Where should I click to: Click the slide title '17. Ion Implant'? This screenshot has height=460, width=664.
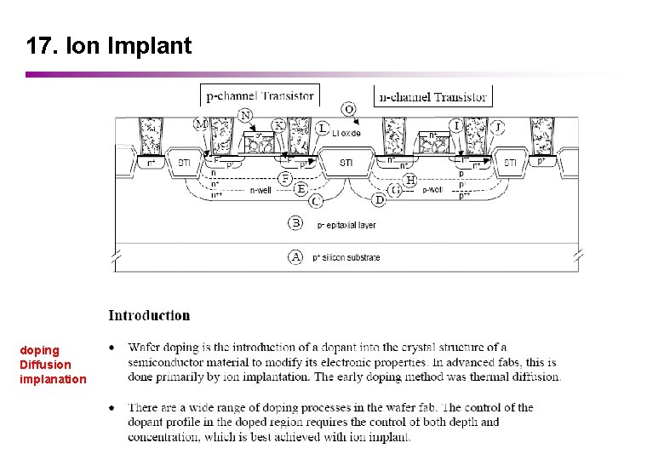109,46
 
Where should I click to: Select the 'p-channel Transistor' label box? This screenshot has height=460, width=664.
259,95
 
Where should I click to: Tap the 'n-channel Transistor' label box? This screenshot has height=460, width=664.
432,96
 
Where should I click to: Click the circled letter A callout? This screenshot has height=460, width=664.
295,256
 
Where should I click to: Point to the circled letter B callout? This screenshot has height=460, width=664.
295,223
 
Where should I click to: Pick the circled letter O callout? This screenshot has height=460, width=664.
349,109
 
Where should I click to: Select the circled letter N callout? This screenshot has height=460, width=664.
246,115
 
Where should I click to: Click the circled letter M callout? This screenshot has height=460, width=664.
201,124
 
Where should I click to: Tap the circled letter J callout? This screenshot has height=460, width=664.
499,127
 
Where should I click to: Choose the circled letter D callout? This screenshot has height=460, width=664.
379,199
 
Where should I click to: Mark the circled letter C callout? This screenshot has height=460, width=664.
316,200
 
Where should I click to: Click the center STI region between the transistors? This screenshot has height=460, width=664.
346,162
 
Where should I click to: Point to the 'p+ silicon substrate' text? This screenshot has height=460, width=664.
346,257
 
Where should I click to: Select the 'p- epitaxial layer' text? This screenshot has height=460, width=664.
346,225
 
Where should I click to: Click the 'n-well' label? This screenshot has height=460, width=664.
260,191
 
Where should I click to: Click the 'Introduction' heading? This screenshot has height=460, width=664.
149,315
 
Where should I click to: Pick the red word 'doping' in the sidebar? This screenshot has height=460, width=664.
39,350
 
